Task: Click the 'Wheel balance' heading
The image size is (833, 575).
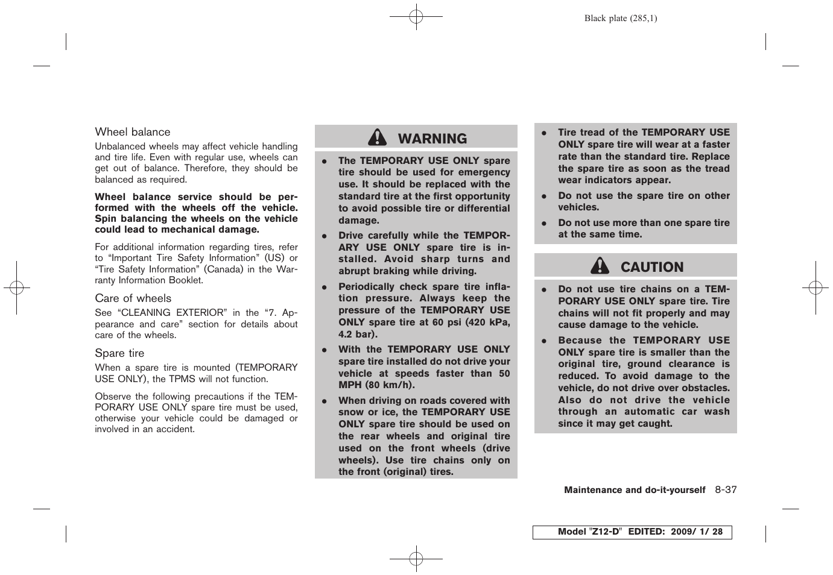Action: (133, 132)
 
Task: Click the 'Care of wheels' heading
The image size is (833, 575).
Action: (133, 298)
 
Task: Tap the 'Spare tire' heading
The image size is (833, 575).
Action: (119, 353)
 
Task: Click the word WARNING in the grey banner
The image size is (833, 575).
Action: (432, 139)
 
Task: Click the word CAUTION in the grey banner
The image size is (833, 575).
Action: (652, 267)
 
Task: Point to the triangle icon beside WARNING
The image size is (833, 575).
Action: (378, 138)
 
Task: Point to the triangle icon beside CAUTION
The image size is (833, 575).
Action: (600, 266)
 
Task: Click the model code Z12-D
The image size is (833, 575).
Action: (605, 532)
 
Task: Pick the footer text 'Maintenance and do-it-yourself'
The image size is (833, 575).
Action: (634, 490)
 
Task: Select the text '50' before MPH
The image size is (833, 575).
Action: (504, 373)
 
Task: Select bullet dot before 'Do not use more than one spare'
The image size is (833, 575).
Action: (543, 223)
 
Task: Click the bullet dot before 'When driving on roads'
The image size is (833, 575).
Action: (324, 401)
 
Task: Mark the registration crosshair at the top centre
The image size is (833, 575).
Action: (416, 17)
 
